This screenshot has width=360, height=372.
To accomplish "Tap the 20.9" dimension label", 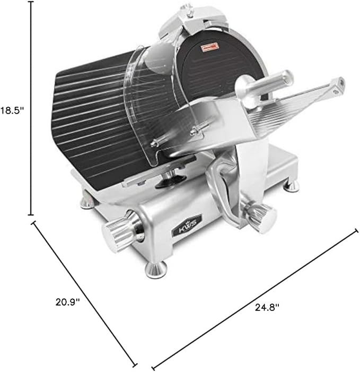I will (68, 302).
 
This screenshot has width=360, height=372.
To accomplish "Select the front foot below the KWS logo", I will (156, 269).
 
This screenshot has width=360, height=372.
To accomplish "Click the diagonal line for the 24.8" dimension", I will (254, 297).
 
